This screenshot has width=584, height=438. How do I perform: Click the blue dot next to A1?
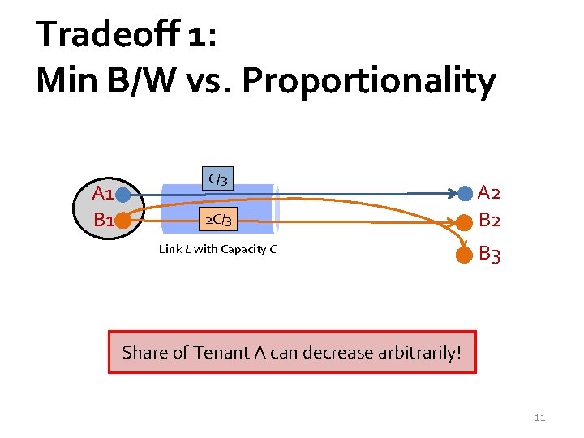pos(122,194)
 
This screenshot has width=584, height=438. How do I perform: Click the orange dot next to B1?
pos(122,219)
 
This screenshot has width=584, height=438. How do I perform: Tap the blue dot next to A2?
pos(465,193)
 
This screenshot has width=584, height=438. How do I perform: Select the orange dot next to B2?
pos(465,221)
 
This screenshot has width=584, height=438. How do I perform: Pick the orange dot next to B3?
pos(465,255)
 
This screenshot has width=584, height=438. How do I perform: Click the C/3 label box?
pos(217,178)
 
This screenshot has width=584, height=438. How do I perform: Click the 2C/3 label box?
pos(218,219)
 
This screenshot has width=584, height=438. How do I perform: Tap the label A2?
pos(489,193)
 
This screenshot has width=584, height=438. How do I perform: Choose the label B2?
pos(489,220)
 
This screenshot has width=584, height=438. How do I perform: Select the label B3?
pos(489,255)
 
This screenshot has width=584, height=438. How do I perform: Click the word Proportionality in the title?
pos(368,81)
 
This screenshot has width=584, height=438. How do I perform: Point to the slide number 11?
pos(539,418)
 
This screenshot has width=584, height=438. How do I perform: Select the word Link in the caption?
pos(170,249)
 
